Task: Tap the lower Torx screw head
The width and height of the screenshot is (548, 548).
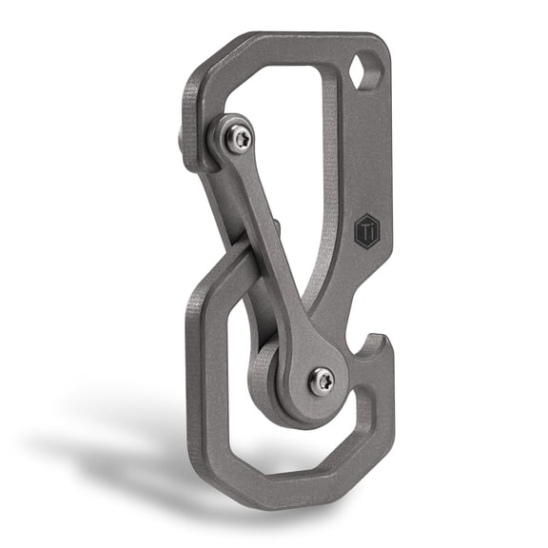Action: click(x=322, y=380)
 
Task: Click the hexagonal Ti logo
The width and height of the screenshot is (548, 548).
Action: click(x=368, y=231)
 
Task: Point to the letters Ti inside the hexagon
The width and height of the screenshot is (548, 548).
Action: click(x=368, y=231)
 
